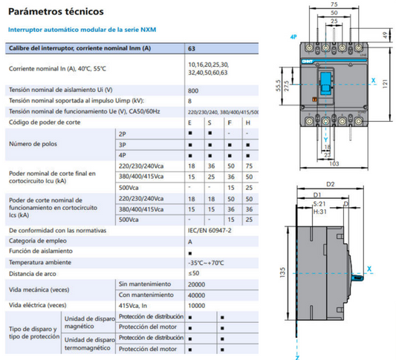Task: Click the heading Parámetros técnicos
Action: click(x=51, y=13)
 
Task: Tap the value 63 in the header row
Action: click(x=192, y=48)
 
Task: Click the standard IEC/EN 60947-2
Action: click(x=210, y=231)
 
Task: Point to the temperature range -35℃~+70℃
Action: click(x=208, y=263)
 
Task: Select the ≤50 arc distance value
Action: click(x=195, y=273)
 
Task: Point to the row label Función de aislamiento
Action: click(x=40, y=252)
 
